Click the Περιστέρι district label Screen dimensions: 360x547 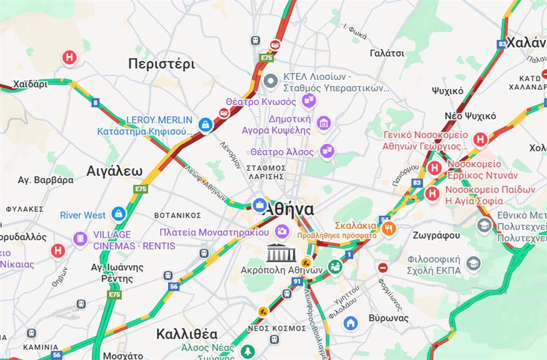pyautogui.click(x=161, y=64)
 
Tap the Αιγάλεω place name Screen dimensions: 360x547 pyautogui.click(x=114, y=171)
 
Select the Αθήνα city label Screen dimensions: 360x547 pyautogui.click(x=288, y=209)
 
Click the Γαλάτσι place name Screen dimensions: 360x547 pyautogui.click(x=387, y=53)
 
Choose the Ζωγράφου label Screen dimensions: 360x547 pyautogui.click(x=436, y=236)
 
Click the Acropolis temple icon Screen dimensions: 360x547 pyautogui.click(x=279, y=253)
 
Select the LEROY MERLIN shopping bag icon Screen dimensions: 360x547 pyautogui.click(x=205, y=125)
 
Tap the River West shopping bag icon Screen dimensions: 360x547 pyautogui.click(x=118, y=214)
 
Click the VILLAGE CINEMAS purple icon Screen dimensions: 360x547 pyautogui.click(x=80, y=239)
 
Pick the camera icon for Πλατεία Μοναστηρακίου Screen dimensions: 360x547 pyautogui.click(x=283, y=231)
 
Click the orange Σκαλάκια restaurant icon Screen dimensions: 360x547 pyautogui.click(x=389, y=229)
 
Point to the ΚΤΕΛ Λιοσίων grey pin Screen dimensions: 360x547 pyautogui.click(x=271, y=81)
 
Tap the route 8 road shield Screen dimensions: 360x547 pyautogui.click(x=95, y=102)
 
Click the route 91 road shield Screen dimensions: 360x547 pyautogui.click(x=296, y=281)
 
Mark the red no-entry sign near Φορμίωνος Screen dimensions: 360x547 pyautogui.click(x=383, y=267)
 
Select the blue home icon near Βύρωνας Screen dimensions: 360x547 pyautogui.click(x=351, y=322)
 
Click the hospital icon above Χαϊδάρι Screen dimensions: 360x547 pyautogui.click(x=69, y=57)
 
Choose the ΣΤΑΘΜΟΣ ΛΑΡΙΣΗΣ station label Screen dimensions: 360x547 pyautogui.click(x=266, y=172)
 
